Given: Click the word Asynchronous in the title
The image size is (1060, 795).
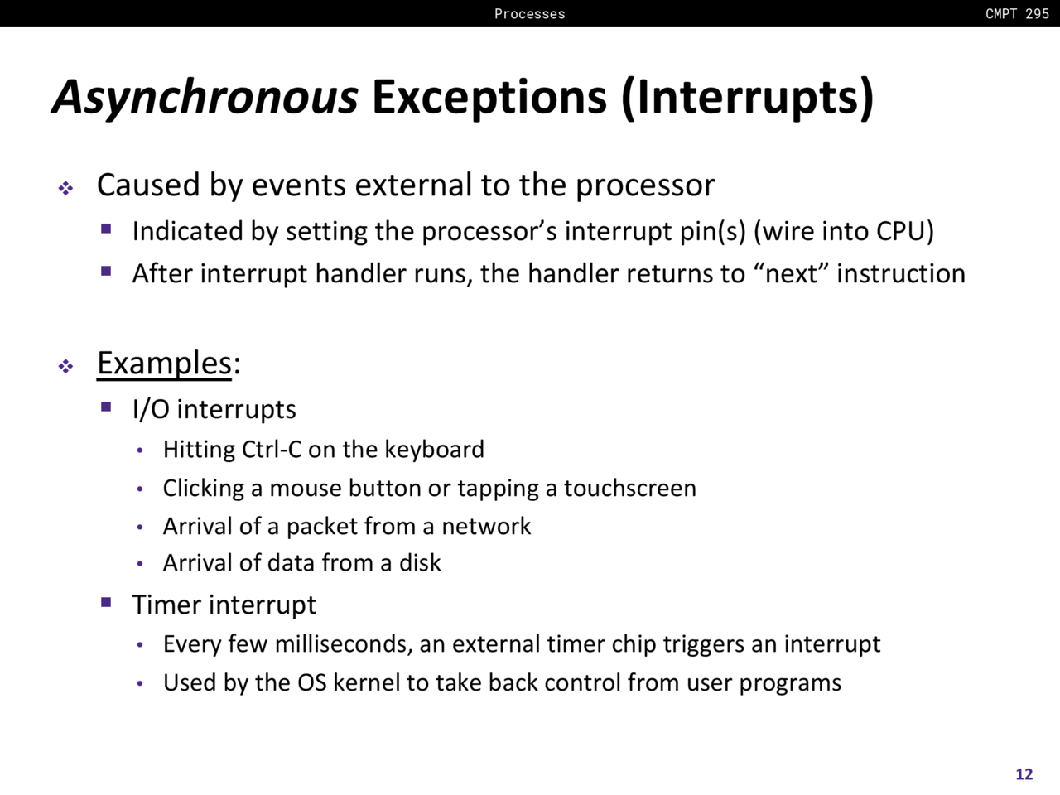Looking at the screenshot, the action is coord(205,98).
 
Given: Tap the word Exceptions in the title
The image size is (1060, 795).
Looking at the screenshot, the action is coord(489,98).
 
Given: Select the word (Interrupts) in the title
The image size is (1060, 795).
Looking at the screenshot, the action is coord(748,98).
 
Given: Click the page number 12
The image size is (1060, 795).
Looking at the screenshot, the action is coord(1024,773).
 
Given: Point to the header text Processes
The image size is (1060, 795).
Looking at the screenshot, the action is coord(530,13).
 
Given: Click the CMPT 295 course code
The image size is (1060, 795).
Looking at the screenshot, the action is coord(1017,13).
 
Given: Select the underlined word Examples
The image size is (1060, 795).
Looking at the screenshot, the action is coord(165,363).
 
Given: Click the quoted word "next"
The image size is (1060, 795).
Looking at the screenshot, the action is coord(791,273).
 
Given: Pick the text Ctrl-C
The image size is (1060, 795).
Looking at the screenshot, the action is coord(272,450).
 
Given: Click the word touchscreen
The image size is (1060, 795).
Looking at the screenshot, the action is coord(630,488).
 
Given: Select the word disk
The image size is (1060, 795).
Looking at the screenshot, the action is coord(420,563).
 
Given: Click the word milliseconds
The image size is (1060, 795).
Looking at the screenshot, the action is coord(344,644).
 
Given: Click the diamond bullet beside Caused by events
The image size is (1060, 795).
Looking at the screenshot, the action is coord(65,188).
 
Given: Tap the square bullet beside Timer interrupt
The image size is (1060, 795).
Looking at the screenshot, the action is coord(106,602).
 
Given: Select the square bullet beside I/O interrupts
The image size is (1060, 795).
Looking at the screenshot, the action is coord(106,407).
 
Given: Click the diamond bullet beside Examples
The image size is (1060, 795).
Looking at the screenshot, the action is coord(65,366).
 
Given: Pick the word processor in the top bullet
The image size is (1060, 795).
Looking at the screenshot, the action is coord(645,185).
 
